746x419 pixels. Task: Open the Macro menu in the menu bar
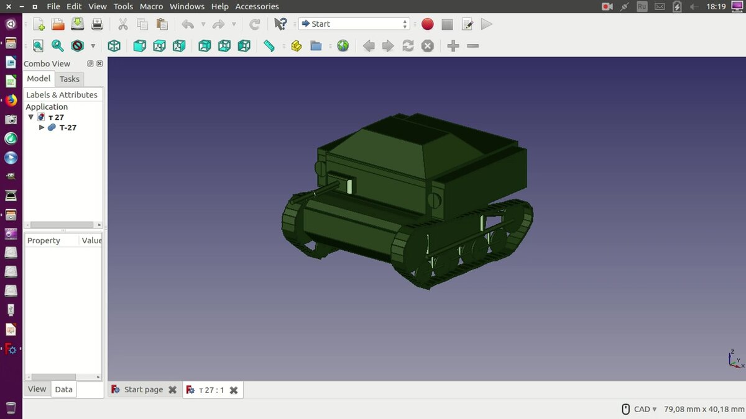pos(151,6)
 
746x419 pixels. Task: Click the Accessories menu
pos(257,6)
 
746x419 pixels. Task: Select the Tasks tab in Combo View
pos(70,79)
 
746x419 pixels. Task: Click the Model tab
pos(39,78)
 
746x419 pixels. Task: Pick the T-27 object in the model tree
pos(67,127)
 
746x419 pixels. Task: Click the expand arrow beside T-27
pos(42,127)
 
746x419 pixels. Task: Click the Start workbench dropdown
pos(354,24)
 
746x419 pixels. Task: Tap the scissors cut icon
pos(122,24)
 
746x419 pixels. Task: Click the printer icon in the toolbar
pos(97,24)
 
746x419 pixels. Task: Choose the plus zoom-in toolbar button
pos(453,46)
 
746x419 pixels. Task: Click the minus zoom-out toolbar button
pos(473,46)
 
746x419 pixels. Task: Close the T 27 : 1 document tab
pos(234,390)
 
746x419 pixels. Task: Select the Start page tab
pos(143,389)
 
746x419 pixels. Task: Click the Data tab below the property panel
pos(63,389)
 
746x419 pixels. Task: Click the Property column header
pos(44,240)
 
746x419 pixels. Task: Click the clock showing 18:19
pos(716,6)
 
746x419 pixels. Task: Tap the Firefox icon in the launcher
pos(11,100)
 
